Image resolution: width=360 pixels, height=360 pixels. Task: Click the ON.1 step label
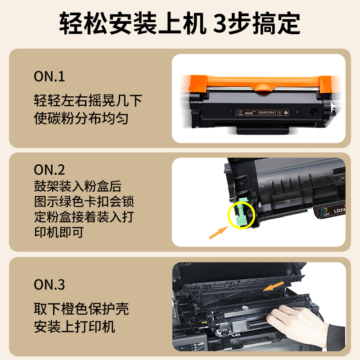[49, 76]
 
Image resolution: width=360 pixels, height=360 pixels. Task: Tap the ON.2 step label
[49, 170]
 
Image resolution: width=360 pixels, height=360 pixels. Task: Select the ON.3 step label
[49, 284]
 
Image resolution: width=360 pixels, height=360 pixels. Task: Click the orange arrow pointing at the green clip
[220, 233]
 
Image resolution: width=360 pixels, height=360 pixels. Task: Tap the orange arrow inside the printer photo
[274, 287]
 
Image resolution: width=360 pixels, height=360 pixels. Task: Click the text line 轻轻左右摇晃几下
[88, 100]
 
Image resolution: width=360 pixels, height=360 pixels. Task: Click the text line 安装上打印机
[75, 326]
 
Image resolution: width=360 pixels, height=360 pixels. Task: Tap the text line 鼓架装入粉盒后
[77, 186]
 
